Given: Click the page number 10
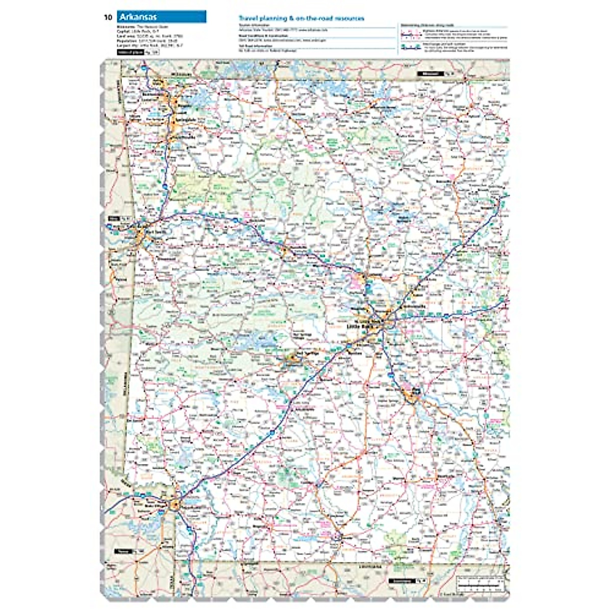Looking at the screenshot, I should (108, 17).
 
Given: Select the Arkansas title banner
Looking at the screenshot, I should (161, 17).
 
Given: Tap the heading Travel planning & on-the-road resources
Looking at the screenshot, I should (301, 18).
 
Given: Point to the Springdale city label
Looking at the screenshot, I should (186, 120).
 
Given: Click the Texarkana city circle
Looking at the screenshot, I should (175, 504).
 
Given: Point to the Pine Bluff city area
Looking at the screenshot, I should (412, 393).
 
